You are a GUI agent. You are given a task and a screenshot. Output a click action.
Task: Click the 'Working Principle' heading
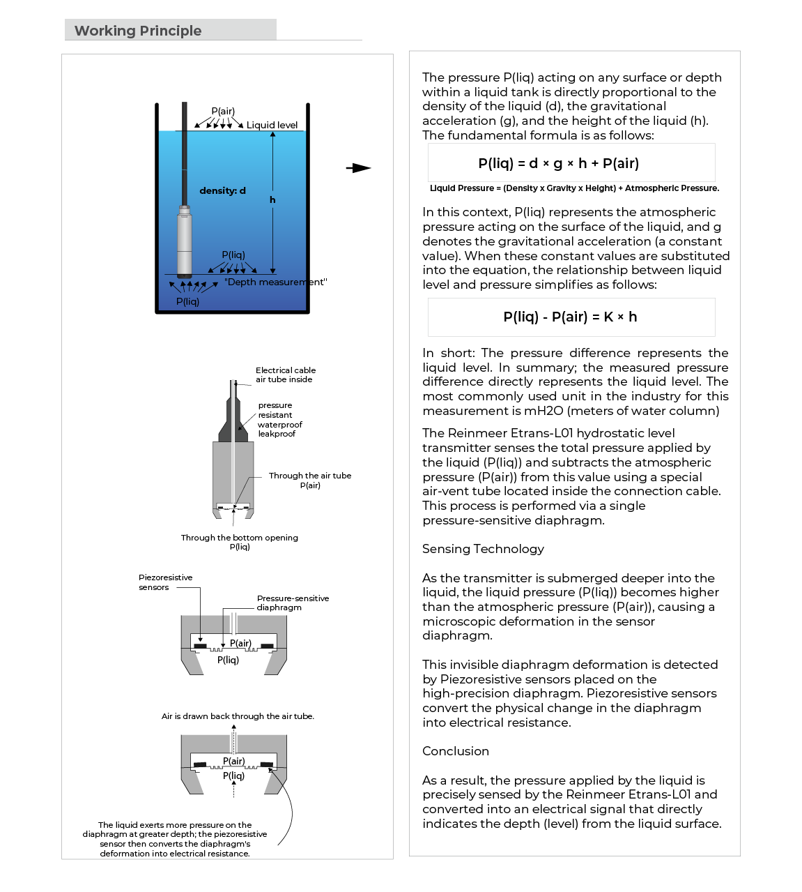(x=138, y=31)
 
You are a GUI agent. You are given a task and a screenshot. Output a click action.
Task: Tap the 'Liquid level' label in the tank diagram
(x=272, y=125)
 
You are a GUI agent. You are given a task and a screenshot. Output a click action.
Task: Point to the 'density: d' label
(x=222, y=190)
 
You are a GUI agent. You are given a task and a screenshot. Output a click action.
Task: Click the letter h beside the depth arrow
(x=272, y=199)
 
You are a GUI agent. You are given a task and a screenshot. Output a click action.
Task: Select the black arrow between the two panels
(x=358, y=168)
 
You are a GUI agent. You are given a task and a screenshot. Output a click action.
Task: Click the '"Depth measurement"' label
(x=275, y=282)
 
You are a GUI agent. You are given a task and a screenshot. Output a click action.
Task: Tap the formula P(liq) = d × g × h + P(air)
(x=558, y=163)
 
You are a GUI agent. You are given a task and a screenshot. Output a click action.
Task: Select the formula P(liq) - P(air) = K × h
(x=570, y=317)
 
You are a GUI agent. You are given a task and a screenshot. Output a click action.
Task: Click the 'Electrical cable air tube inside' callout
(x=285, y=375)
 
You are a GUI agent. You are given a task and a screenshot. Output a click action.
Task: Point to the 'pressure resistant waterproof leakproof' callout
(x=279, y=419)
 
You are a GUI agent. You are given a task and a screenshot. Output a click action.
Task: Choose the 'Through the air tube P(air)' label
(x=310, y=480)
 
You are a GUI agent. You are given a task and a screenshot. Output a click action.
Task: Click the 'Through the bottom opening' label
(x=239, y=538)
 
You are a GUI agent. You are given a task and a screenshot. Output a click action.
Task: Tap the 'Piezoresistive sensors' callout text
(x=165, y=582)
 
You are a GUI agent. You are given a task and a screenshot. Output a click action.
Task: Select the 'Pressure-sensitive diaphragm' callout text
(x=292, y=603)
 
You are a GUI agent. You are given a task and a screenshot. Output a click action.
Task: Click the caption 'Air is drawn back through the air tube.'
(x=238, y=716)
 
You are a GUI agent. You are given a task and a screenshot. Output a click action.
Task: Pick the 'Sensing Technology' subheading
(x=483, y=549)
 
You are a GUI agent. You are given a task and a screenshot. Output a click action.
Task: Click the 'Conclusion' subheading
(x=456, y=751)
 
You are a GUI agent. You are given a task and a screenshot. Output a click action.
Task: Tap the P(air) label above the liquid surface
(x=223, y=112)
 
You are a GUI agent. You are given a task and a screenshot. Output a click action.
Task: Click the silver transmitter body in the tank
(x=184, y=241)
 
